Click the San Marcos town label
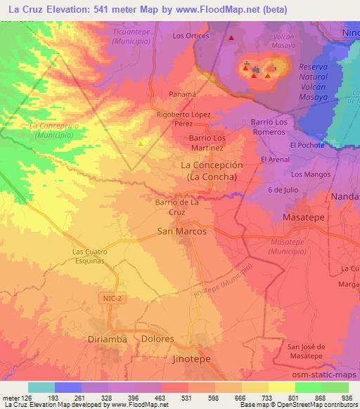[181, 231]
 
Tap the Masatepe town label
[303, 218]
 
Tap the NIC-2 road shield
[108, 299]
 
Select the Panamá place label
[184, 93]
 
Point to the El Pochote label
[307, 145]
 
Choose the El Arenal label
[275, 160]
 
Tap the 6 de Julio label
[283, 190]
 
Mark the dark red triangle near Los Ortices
[231, 38]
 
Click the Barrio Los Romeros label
[269, 127]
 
